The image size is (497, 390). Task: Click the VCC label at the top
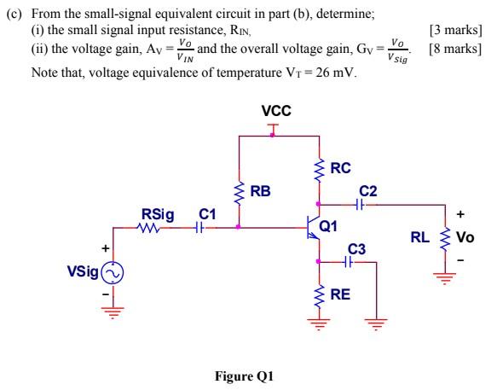[x=275, y=112]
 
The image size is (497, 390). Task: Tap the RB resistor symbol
[x=240, y=192]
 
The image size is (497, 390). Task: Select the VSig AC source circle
[x=113, y=273]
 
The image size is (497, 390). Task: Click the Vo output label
[x=465, y=238]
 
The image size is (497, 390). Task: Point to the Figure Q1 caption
[x=247, y=375]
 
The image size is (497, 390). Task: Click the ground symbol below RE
[x=319, y=324]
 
